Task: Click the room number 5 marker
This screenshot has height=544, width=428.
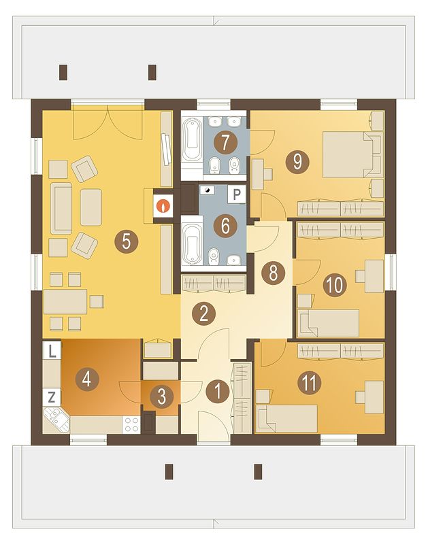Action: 127,241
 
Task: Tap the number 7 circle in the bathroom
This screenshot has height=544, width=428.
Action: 225,142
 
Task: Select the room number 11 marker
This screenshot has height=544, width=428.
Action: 310,383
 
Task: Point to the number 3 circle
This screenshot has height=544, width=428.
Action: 162,396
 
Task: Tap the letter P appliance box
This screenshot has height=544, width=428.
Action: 237,194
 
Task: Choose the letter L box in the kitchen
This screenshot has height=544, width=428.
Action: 52,351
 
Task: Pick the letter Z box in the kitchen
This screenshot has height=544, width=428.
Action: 52,397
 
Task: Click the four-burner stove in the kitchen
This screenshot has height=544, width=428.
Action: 131,424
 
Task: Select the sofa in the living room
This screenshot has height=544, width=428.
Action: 61,208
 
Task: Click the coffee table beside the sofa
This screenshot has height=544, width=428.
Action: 91,207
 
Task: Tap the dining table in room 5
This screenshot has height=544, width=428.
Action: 65,301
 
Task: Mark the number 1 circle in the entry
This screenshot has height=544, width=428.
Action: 218,391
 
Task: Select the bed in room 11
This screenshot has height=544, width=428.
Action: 286,418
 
